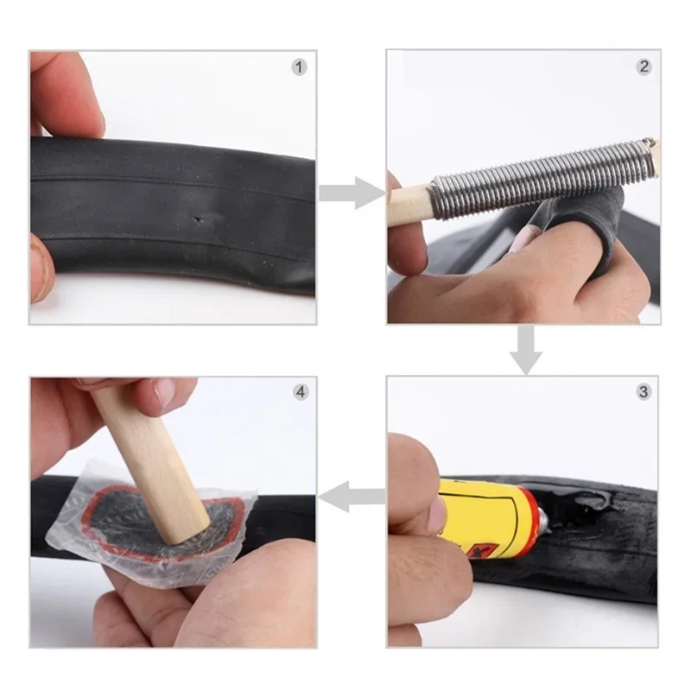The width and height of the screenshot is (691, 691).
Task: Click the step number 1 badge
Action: [x=299, y=67]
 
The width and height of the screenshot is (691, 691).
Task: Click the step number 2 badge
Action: [x=643, y=67]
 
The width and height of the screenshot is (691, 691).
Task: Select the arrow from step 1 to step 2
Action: [x=350, y=193]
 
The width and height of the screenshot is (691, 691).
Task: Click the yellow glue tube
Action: [x=484, y=518]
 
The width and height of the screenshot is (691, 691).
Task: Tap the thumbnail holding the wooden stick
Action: [x=164, y=394]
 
